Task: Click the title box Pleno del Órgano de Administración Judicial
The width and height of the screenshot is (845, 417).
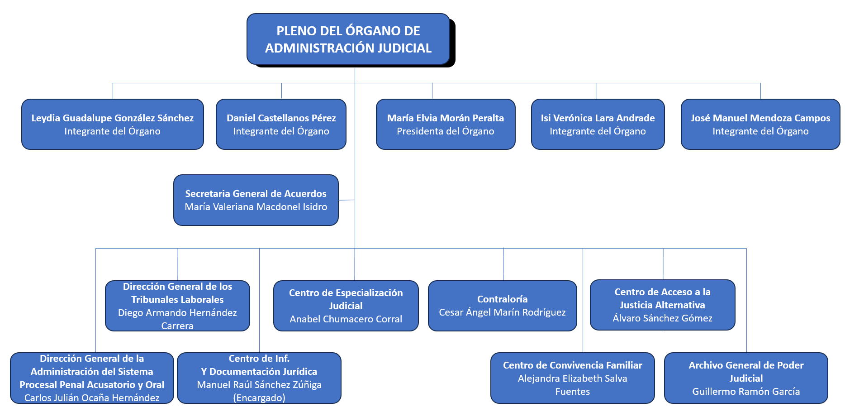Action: point(348,39)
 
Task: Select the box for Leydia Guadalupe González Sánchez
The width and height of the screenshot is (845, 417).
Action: point(113,124)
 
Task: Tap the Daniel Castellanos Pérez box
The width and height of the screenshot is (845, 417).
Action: point(281,124)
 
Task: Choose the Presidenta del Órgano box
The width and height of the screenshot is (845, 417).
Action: point(446,124)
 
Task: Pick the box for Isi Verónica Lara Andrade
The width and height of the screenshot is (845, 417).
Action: point(598,124)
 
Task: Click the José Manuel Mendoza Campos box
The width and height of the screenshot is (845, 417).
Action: point(760,124)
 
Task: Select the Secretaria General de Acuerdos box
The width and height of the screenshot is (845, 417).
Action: point(256,200)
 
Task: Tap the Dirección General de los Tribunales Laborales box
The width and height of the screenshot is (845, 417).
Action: point(177,306)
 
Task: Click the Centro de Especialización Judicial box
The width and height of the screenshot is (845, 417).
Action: point(346,306)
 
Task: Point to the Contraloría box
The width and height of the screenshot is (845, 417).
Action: point(502,306)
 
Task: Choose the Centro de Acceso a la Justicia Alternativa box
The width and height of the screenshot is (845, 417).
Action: point(662,305)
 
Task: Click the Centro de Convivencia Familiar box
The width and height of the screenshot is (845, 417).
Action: point(572,378)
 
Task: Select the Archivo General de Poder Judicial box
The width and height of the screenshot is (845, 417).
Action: point(746,378)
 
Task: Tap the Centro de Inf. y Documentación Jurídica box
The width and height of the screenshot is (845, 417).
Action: point(259,378)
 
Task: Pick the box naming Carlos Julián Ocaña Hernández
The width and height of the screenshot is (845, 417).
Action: point(92,378)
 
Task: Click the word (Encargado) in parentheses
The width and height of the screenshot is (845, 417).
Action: point(259,398)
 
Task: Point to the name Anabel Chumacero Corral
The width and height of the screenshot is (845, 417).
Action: point(346,319)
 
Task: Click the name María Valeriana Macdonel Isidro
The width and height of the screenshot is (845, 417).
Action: point(256,207)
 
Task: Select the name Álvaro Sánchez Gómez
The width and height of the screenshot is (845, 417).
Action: point(662,318)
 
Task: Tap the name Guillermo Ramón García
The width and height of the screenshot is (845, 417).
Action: point(746,392)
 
